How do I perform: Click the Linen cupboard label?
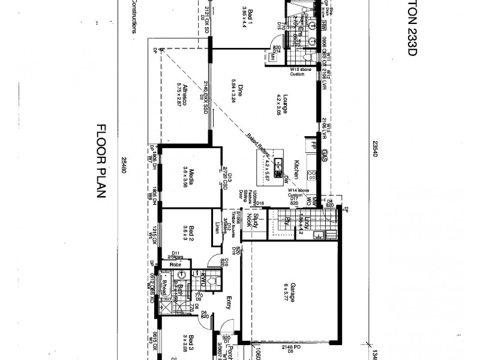217,228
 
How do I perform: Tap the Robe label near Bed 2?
175,264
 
